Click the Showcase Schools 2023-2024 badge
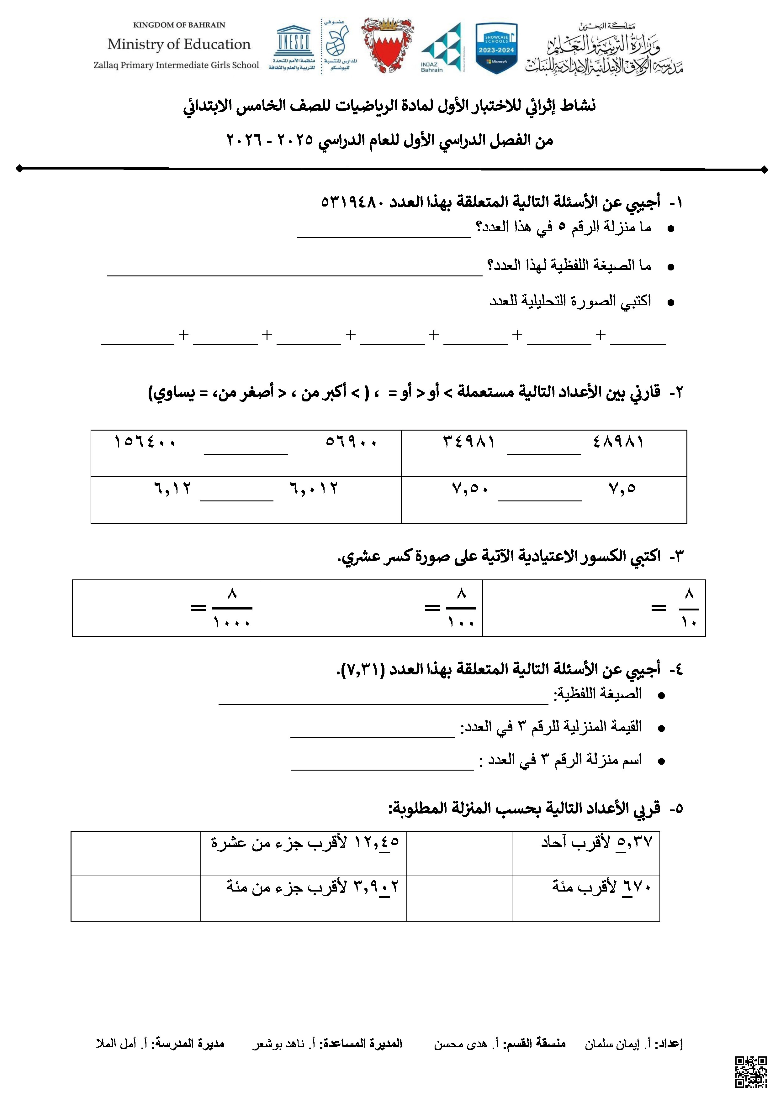click(x=496, y=48)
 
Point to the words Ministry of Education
click(x=179, y=44)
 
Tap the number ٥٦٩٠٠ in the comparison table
click(x=351, y=441)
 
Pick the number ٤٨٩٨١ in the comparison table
click(x=618, y=441)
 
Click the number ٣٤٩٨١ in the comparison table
click(x=468, y=441)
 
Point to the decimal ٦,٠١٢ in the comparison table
click(x=314, y=489)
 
